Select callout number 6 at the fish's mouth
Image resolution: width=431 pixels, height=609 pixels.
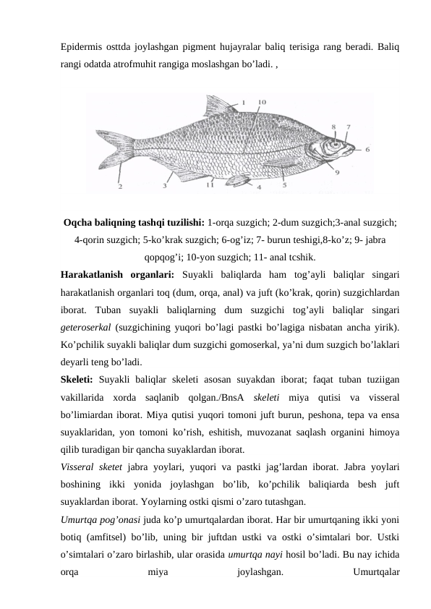click(x=367, y=149)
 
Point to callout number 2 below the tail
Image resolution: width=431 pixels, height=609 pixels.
click(x=120, y=186)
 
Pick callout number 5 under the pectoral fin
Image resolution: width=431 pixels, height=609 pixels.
click(x=283, y=185)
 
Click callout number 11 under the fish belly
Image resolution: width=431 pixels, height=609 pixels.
click(x=210, y=185)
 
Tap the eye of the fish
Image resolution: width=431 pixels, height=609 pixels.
click(x=336, y=143)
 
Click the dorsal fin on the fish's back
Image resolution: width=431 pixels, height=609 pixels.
click(x=215, y=107)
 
